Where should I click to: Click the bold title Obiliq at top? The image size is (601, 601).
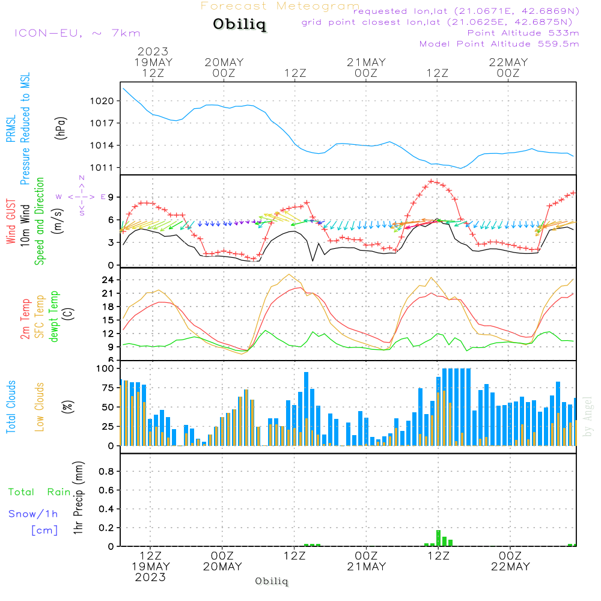pyautogui.click(x=239, y=25)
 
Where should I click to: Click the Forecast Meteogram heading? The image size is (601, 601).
pyautogui.click(x=280, y=6)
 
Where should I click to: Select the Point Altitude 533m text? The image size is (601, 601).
pyautogui.click(x=523, y=33)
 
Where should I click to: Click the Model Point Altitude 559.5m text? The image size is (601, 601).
pyautogui.click(x=499, y=44)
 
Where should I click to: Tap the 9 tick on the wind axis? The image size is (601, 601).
pyautogui.click(x=112, y=197)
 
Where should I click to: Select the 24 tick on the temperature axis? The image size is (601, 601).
pyautogui.click(x=108, y=280)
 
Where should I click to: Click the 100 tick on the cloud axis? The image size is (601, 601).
pyautogui.click(x=105, y=368)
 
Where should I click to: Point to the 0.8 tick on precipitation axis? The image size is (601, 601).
pyautogui.click(x=106, y=471)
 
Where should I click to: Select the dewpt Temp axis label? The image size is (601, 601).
pyautogui.click(x=54, y=317)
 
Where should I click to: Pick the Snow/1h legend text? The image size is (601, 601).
pyautogui.click(x=34, y=514)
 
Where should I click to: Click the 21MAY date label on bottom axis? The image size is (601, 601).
pyautogui.click(x=366, y=567)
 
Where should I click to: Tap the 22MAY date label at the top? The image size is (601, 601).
pyautogui.click(x=508, y=63)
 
